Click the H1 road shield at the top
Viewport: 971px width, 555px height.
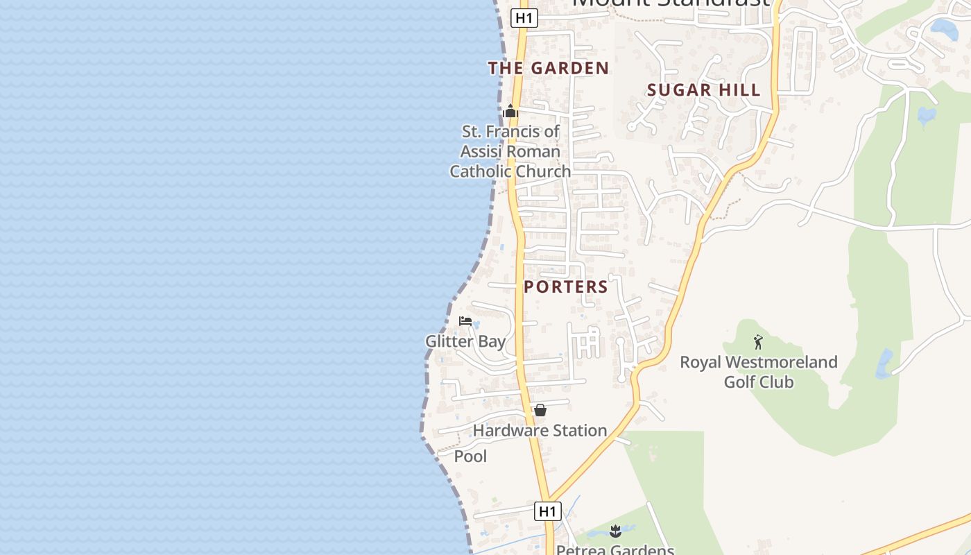click(x=524, y=18)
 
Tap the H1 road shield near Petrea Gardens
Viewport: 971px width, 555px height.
click(x=548, y=511)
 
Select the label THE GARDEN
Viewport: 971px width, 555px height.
click(x=549, y=68)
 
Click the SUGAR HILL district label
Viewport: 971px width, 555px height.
click(x=704, y=89)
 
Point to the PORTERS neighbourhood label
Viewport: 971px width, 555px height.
click(x=566, y=287)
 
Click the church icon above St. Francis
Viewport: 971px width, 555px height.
click(x=511, y=111)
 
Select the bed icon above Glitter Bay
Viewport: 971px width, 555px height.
click(x=465, y=321)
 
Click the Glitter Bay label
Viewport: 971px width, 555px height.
click(x=465, y=341)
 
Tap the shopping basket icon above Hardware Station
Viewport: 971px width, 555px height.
click(x=540, y=410)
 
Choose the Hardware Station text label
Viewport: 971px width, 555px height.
click(x=540, y=431)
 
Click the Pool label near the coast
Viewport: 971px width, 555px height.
click(x=470, y=456)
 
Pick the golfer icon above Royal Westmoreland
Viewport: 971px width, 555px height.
click(x=758, y=342)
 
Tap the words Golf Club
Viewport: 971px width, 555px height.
click(x=759, y=382)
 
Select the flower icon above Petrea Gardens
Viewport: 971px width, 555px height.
click(x=615, y=532)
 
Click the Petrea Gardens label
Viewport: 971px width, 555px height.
click(x=615, y=549)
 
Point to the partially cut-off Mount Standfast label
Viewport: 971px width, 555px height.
click(x=671, y=3)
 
